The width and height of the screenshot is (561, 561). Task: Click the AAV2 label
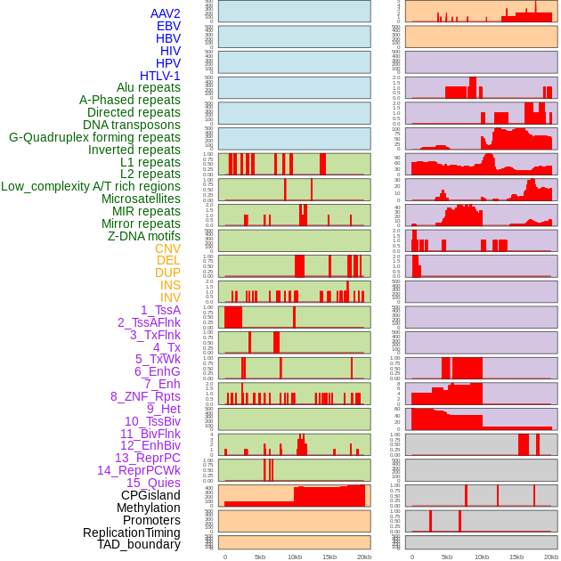[165, 13]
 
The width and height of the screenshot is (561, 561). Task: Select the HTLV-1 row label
[159, 76]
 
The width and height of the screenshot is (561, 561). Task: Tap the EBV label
[168, 26]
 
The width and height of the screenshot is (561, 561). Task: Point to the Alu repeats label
[148, 87]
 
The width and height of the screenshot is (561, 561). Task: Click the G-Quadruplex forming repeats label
[94, 137]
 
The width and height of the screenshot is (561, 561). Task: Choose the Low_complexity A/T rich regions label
[91, 186]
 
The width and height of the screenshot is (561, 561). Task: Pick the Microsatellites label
[141, 199]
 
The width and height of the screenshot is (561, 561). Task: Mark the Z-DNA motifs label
[143, 236]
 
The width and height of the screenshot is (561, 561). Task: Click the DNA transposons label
[132, 125]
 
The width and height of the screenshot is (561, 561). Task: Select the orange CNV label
[167, 248]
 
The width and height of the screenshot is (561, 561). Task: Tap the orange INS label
[169, 285]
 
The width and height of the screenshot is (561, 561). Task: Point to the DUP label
[167, 272]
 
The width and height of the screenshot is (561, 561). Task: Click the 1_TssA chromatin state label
[160, 310]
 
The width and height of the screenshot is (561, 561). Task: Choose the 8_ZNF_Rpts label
[145, 396]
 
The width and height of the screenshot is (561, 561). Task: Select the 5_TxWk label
[158, 359]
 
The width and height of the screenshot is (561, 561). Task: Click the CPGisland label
[150, 495]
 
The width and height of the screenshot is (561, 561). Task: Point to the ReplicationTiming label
[131, 533]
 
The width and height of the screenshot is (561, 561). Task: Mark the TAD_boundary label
[138, 544]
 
